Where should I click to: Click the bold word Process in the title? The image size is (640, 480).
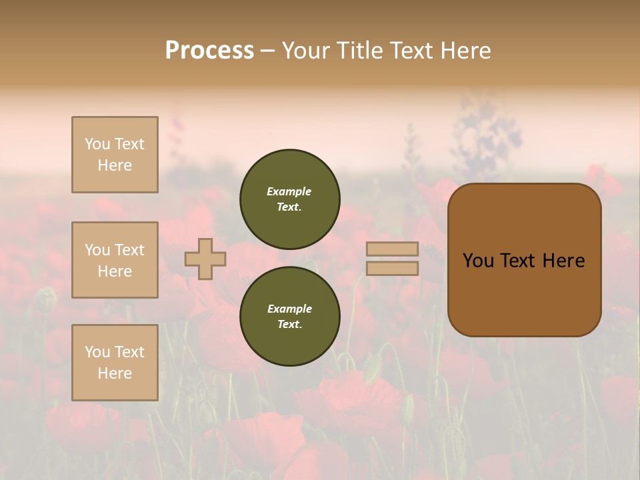point(209,51)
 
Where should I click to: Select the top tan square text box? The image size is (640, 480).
point(115,155)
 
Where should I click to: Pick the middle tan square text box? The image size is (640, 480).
point(115,260)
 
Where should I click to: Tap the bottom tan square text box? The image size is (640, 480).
point(115,363)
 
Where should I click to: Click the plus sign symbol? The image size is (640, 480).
point(205,259)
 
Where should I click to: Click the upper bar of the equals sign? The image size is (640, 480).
point(392,249)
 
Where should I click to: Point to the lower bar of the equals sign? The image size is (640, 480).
point(392,268)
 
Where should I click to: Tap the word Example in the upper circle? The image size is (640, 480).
point(289,191)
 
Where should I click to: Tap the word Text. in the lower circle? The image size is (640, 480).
point(289,324)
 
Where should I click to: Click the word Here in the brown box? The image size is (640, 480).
point(563,261)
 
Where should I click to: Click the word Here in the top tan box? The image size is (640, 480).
point(115,165)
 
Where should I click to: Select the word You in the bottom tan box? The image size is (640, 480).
point(97,352)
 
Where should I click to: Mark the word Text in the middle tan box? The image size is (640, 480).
point(129,250)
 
